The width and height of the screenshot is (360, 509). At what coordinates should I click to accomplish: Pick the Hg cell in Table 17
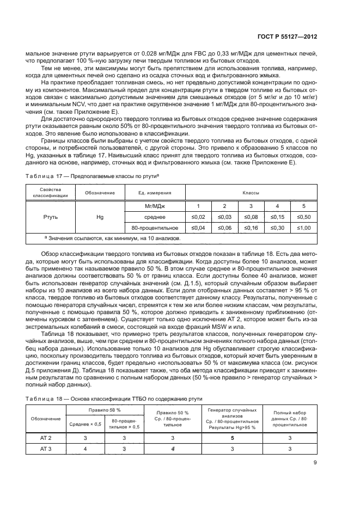(x=100, y=217)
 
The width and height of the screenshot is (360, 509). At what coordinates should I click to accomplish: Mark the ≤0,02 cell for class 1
(x=198, y=217)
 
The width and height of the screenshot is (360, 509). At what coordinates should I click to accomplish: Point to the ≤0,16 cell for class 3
(x=251, y=228)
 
